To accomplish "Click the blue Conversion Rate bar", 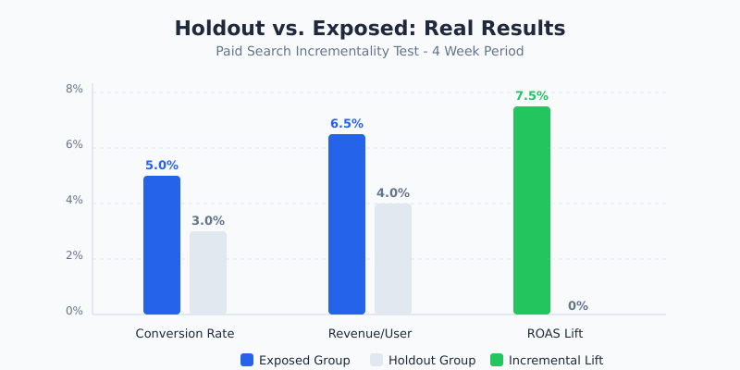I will pyautogui.click(x=162, y=245).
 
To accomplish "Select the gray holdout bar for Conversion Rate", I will pyautogui.click(x=208, y=273).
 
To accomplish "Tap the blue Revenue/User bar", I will pyautogui.click(x=347, y=224).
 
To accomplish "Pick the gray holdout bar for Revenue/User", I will pyautogui.click(x=393, y=259).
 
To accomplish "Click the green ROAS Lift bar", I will pyautogui.click(x=532, y=211).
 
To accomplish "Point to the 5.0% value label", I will pyautogui.click(x=162, y=166).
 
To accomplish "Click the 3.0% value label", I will pyautogui.click(x=208, y=221).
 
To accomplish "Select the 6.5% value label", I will pyautogui.click(x=347, y=124).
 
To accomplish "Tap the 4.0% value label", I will pyautogui.click(x=393, y=193).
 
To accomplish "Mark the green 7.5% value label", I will pyautogui.click(x=532, y=96).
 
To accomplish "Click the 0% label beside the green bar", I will pyautogui.click(x=578, y=306).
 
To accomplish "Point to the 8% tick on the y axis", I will pyautogui.click(x=74, y=90).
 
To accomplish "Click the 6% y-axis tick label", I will pyautogui.click(x=74, y=145).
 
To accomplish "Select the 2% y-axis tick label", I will pyautogui.click(x=74, y=256).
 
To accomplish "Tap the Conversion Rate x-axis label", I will pyautogui.click(x=185, y=333).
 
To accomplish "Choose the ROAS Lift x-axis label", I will pyautogui.click(x=555, y=333).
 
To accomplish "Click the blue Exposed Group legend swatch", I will pyautogui.click(x=247, y=360).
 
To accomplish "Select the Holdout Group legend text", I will pyautogui.click(x=432, y=360).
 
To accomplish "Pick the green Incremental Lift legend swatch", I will pyautogui.click(x=497, y=360).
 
